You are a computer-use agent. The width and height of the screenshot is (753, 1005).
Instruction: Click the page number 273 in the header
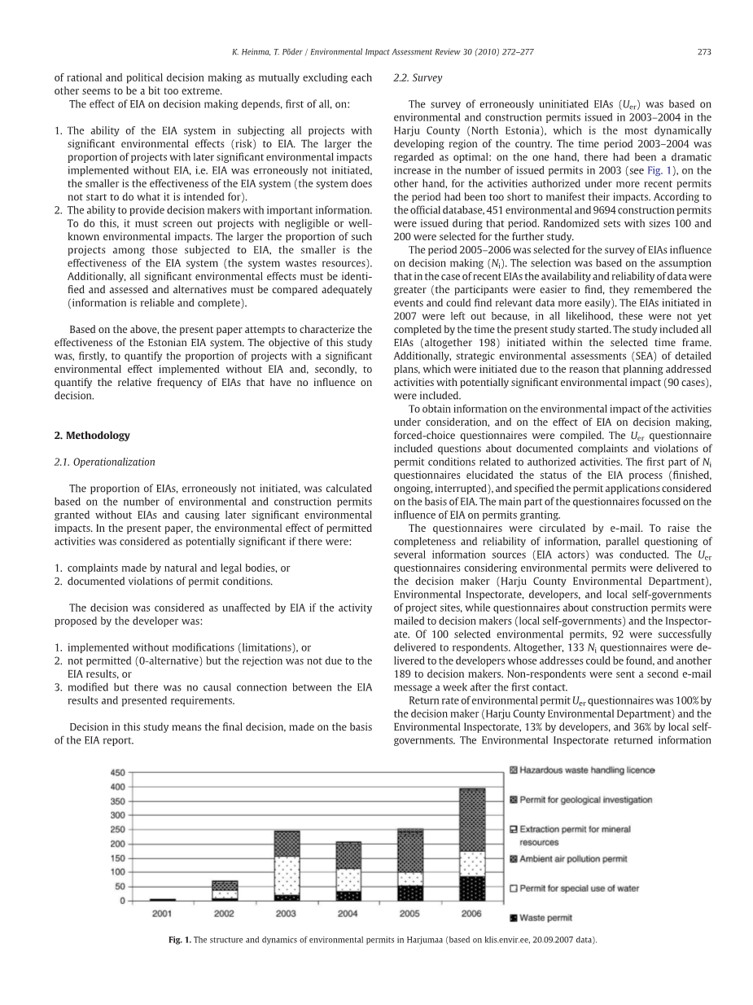pyautogui.click(x=704, y=52)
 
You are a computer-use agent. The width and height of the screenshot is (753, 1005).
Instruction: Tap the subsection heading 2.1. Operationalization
pyautogui.click(x=104, y=462)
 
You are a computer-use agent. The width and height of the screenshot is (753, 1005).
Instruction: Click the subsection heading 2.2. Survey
pyautogui.click(x=418, y=78)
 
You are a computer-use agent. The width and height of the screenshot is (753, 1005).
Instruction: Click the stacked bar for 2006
pyautogui.click(x=472, y=845)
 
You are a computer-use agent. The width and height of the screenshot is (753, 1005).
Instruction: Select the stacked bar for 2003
pyautogui.click(x=287, y=866)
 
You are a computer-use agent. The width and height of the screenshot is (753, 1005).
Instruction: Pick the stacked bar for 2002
pyautogui.click(x=225, y=890)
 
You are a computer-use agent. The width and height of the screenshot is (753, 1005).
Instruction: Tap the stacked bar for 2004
pyautogui.click(x=348, y=871)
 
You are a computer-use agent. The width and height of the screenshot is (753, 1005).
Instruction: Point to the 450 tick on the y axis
pyautogui.click(x=118, y=772)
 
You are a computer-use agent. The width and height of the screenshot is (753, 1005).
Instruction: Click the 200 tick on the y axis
pyautogui.click(x=118, y=844)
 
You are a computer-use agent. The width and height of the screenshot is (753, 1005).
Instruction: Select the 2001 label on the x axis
pyautogui.click(x=162, y=914)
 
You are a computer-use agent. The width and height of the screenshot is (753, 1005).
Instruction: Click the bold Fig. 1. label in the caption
pyautogui.click(x=180, y=940)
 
